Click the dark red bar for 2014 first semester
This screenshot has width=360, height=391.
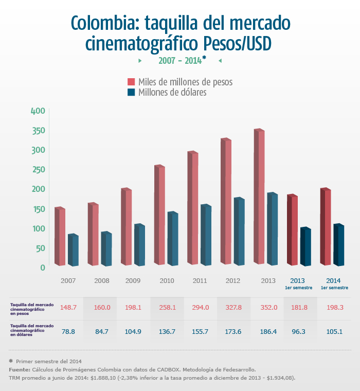click(326, 227)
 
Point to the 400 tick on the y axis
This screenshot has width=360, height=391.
click(39, 111)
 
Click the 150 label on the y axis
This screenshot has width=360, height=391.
click(39, 209)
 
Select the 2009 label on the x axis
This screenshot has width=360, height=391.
click(133, 281)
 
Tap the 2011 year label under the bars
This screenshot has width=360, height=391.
click(200, 281)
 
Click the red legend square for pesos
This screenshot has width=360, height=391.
click(131, 82)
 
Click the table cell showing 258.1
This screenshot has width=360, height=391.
click(166, 307)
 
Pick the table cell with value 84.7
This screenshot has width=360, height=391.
click(102, 331)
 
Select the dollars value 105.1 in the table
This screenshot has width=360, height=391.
click(334, 331)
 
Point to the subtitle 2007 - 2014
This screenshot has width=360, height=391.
click(179, 61)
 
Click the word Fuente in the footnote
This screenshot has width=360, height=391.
click(20, 370)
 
